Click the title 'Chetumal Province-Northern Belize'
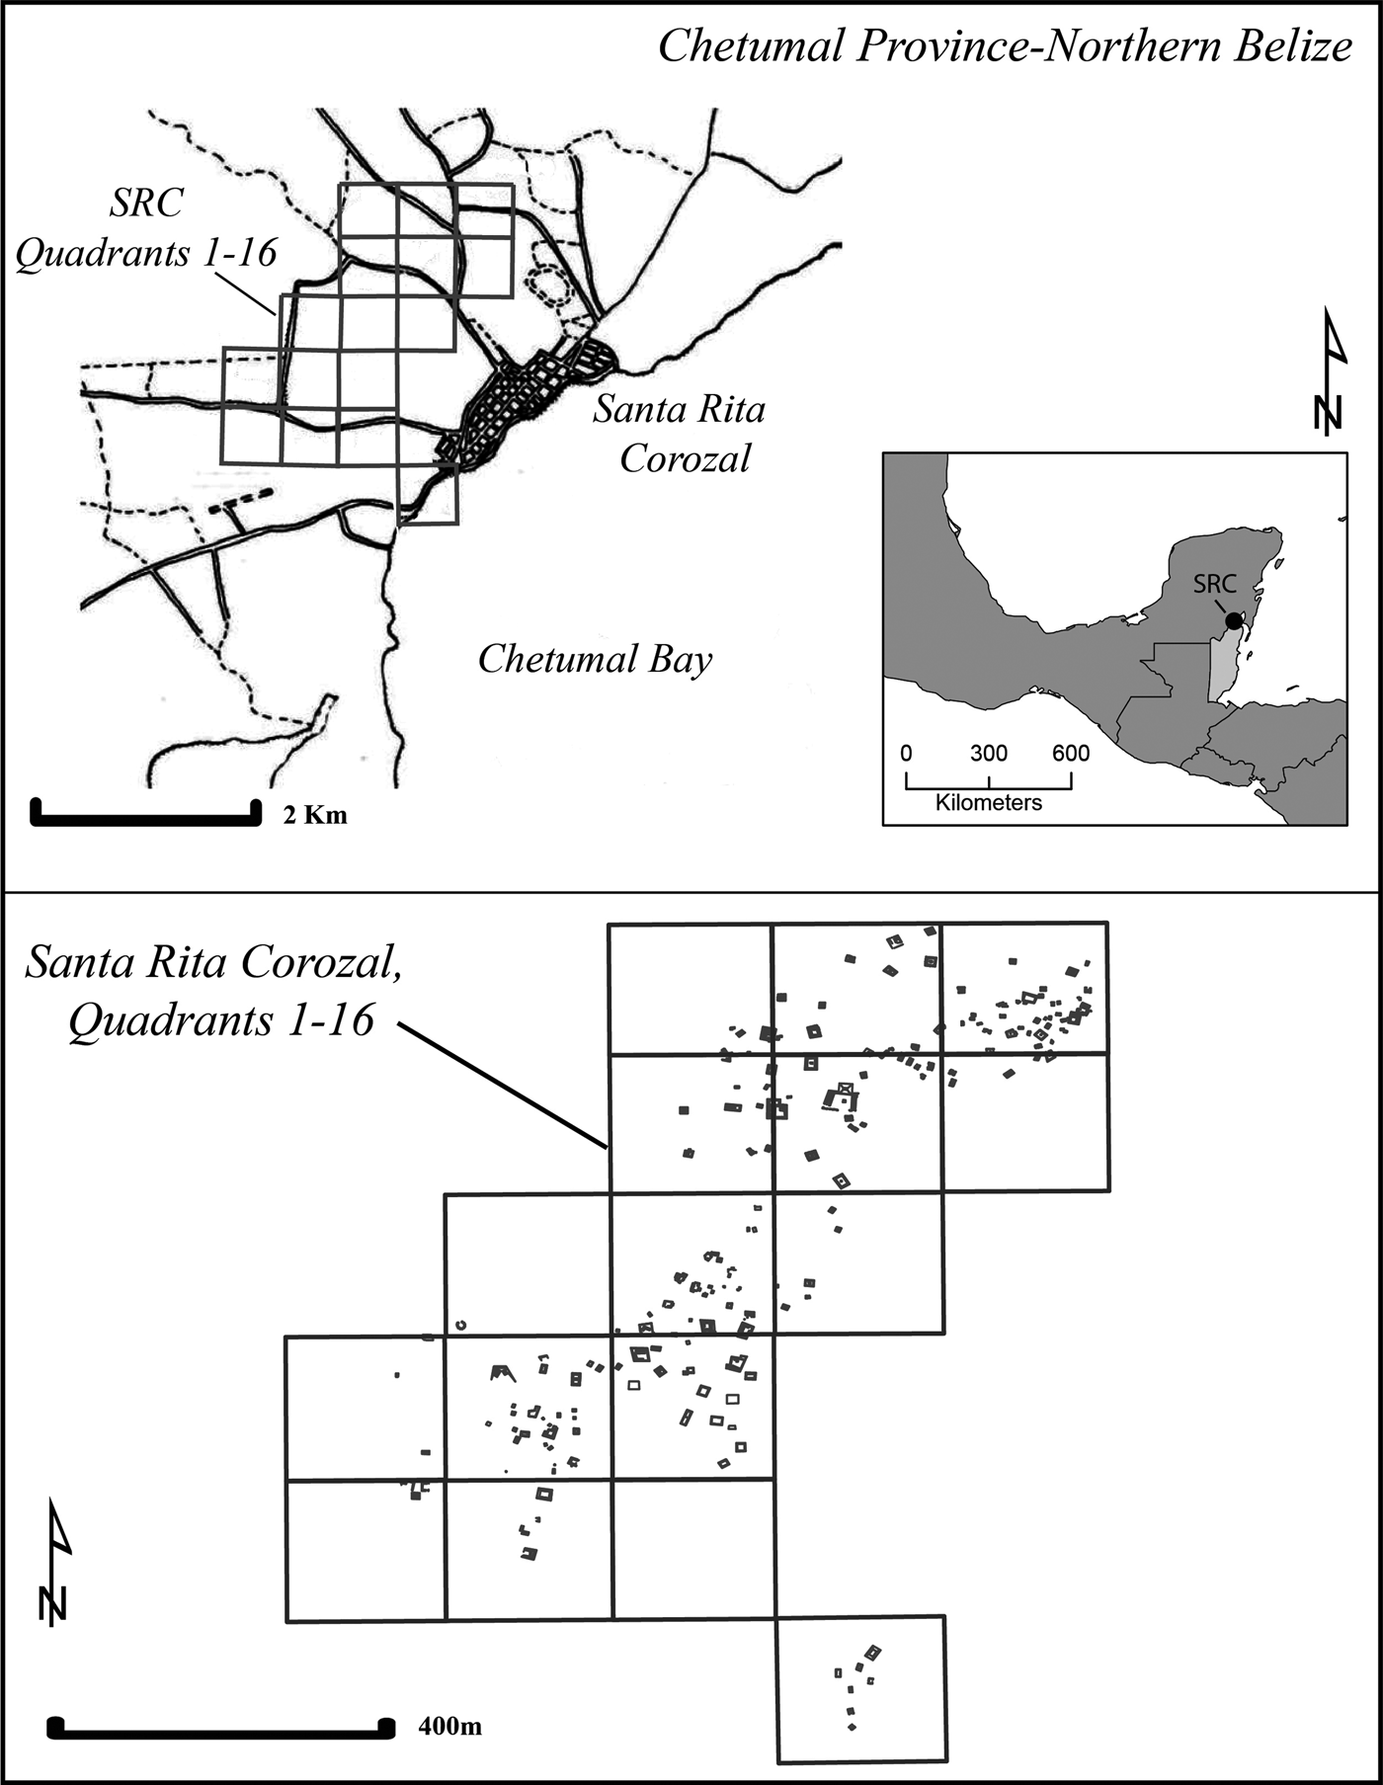coord(1004,45)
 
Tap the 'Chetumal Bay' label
coord(595,659)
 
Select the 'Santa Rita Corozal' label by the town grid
coord(680,433)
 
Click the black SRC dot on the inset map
coord(1233,620)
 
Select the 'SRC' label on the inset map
coord(1214,584)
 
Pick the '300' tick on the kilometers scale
coord(988,754)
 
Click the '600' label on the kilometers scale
coord(1070,754)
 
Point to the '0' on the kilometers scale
coord(907,754)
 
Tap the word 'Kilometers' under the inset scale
coord(988,803)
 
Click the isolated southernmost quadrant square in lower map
coord(861,1688)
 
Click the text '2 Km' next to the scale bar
coord(315,816)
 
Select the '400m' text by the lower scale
coord(449,1727)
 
